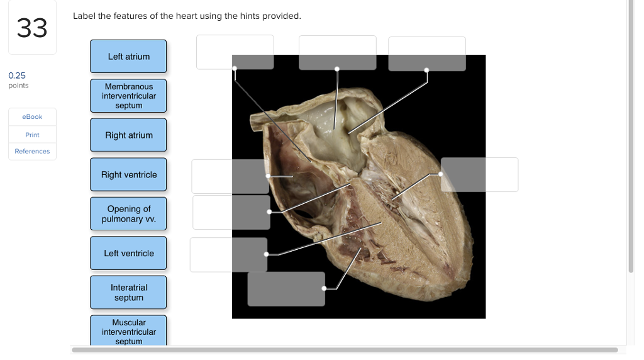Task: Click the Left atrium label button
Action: (x=128, y=56)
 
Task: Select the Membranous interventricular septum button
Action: (x=128, y=96)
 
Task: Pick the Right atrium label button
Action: (x=128, y=135)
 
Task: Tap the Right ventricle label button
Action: (x=128, y=175)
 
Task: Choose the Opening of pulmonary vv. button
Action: (x=128, y=214)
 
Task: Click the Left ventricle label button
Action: (x=128, y=253)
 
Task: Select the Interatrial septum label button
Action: (x=128, y=292)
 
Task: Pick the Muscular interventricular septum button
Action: (x=128, y=330)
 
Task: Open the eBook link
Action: (x=32, y=116)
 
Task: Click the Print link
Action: (x=32, y=135)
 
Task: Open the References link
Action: (x=32, y=151)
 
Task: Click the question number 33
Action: (x=32, y=28)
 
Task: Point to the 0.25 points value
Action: (x=17, y=76)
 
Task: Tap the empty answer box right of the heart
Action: (x=479, y=175)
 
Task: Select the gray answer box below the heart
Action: (x=286, y=289)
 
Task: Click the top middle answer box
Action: (x=338, y=53)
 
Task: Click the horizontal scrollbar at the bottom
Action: (x=345, y=350)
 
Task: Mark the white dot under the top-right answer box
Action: (x=427, y=70)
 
